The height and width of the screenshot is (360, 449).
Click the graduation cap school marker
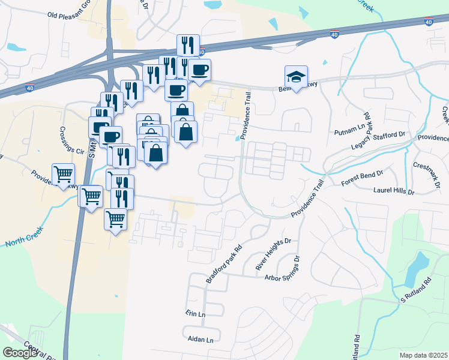pos(296,76)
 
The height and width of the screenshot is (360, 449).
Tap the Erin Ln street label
pos(196,314)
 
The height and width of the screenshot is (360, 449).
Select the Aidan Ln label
pos(201,340)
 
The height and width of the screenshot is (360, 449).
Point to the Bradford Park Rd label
pos(223,264)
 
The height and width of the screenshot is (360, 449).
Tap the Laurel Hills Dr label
pos(394,192)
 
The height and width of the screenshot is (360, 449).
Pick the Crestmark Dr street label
pos(430,165)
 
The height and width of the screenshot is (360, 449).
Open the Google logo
pos(19,353)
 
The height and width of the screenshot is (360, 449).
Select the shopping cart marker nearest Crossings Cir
pos(63,174)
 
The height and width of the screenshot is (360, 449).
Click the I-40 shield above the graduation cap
pos(334,35)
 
